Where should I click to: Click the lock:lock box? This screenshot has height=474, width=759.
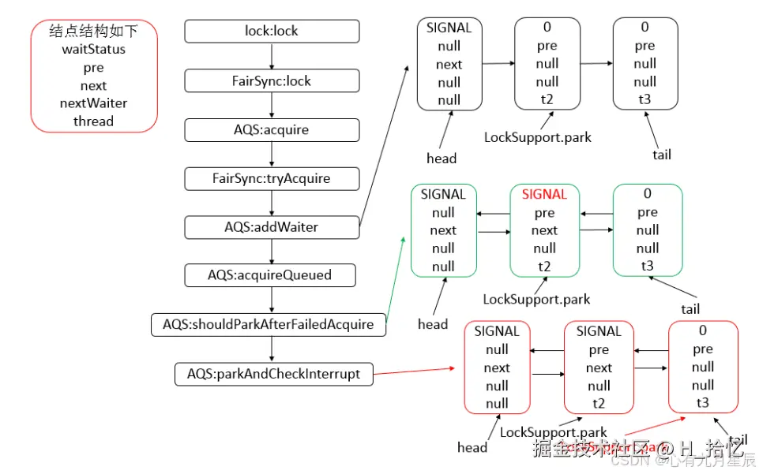pyautogui.click(x=272, y=32)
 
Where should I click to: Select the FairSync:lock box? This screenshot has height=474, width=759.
pyautogui.click(x=272, y=80)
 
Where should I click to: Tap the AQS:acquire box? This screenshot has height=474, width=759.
pyautogui.click(x=272, y=129)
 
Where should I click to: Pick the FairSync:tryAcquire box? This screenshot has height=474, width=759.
pyautogui.click(x=272, y=178)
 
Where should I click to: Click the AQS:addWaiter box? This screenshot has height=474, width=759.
pyautogui.click(x=272, y=227)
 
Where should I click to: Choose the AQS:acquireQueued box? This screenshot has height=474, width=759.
pyautogui.click(x=269, y=275)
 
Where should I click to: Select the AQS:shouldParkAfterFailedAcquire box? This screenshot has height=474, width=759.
pyautogui.click(x=269, y=324)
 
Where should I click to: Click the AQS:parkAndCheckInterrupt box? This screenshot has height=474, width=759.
pyautogui.click(x=272, y=373)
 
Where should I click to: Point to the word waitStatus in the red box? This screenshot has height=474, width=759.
pyautogui.click(x=94, y=50)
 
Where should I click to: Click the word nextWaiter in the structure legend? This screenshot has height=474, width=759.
pyautogui.click(x=94, y=103)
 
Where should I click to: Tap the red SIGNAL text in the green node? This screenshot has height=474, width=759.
pyautogui.click(x=544, y=194)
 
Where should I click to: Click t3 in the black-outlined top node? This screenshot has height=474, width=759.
pyautogui.click(x=645, y=100)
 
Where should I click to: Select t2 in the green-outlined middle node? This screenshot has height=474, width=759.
pyautogui.click(x=544, y=267)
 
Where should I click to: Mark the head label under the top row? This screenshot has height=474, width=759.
pyautogui.click(x=441, y=159)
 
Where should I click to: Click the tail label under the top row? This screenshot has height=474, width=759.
pyautogui.click(x=662, y=155)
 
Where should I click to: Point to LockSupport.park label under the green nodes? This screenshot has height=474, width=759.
pyautogui.click(x=536, y=300)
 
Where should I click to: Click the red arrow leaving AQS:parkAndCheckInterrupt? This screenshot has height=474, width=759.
pyautogui.click(x=415, y=370)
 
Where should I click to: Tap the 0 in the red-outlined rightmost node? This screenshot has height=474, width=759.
pyautogui.click(x=703, y=331)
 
